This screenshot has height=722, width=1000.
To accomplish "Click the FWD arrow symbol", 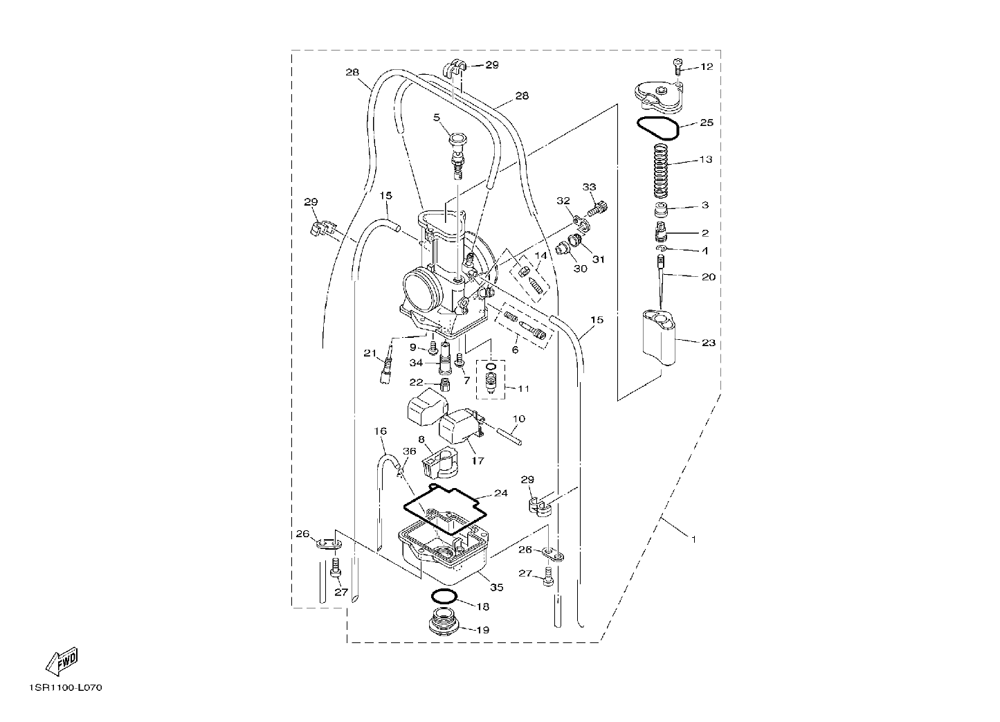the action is point(62,662).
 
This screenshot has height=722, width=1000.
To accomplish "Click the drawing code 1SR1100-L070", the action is point(66,688).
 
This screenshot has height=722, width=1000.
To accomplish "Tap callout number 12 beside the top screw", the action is point(707,66).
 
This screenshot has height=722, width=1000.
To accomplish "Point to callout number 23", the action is point(709,343).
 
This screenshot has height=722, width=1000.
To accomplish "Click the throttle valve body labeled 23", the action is point(659,338).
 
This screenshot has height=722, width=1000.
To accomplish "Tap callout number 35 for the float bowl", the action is point(496,588).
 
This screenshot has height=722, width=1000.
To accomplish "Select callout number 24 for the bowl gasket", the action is point(501,494).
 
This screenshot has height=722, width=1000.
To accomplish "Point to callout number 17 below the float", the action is point(478,460).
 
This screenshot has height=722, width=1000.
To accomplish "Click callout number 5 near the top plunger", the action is point(437,118).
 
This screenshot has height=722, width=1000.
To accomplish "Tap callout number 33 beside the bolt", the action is point(590,187).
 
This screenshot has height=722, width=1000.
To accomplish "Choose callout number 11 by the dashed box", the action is point(523,388).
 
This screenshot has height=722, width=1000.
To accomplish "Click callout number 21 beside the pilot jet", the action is point(370,353).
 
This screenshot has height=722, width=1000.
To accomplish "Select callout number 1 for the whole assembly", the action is point(693,539).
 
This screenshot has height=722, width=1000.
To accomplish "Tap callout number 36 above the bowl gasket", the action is point(410,451).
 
